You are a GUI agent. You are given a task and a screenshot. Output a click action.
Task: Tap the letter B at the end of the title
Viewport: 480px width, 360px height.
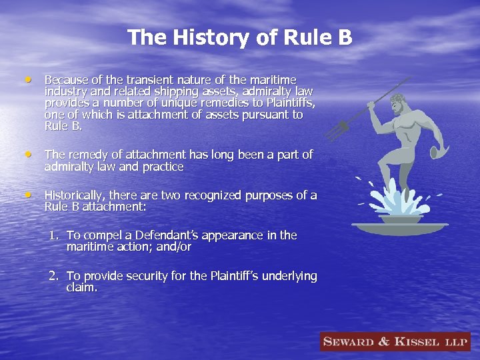(344, 37)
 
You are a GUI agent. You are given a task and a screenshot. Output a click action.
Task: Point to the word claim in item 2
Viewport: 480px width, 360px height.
(81, 288)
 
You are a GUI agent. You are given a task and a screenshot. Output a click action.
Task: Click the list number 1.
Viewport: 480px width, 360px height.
(53, 235)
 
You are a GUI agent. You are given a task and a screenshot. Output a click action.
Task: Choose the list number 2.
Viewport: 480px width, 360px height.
(53, 276)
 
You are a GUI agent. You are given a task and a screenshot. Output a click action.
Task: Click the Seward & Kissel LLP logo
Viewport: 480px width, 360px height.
(395, 342)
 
